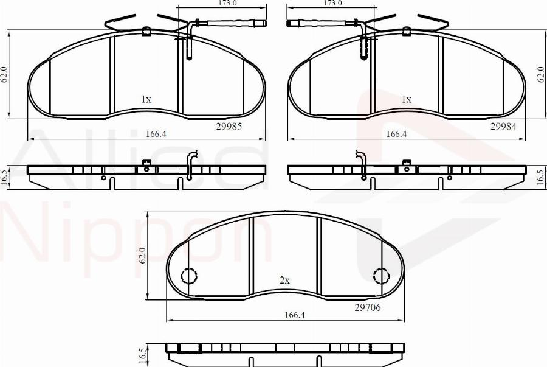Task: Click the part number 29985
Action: [x=229, y=127]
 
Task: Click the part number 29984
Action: [x=503, y=127]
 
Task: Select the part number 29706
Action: [x=367, y=308]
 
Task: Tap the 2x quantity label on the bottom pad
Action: [x=284, y=281]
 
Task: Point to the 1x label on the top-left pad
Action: [x=146, y=99]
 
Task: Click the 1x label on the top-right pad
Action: [x=407, y=99]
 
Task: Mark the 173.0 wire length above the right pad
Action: [x=332, y=4]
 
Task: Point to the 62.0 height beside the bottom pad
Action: [x=143, y=256]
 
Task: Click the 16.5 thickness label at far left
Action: [x=5, y=177]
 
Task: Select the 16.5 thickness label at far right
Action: [x=540, y=177]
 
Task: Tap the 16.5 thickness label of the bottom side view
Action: [x=143, y=355]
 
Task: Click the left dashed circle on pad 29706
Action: [x=190, y=276]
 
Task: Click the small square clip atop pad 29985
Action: [x=146, y=32]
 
